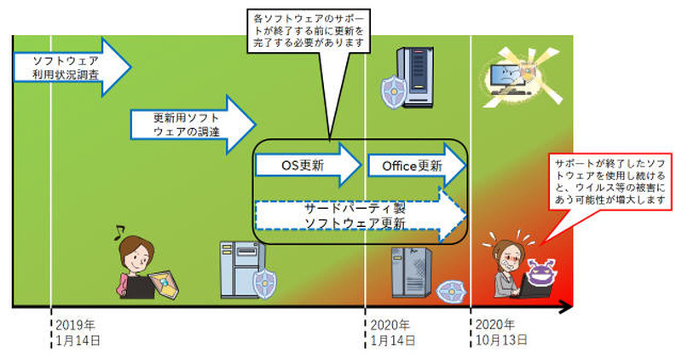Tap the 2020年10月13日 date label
[500, 334]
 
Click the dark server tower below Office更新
[407, 272]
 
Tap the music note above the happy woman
[121, 229]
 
